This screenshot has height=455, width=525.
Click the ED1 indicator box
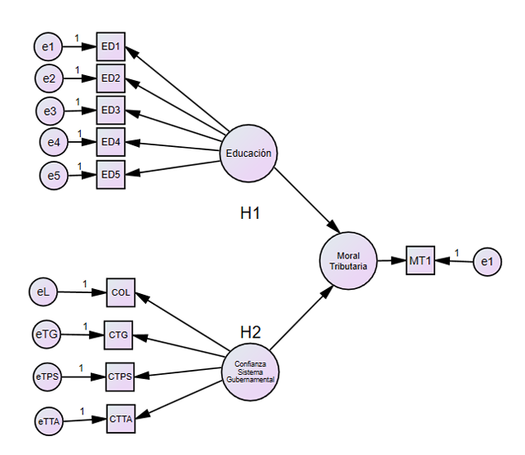pyautogui.click(x=111, y=46)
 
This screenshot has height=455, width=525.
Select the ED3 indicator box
pyautogui.click(x=111, y=110)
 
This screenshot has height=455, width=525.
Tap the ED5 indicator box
pyautogui.click(x=111, y=174)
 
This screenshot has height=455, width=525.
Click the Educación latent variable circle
pyautogui.click(x=248, y=153)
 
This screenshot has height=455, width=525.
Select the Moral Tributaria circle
pyautogui.click(x=348, y=261)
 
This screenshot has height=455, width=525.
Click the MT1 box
pyautogui.click(x=421, y=261)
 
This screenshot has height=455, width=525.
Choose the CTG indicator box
pyautogui.click(x=118, y=334)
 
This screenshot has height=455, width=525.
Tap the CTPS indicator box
pyautogui.click(x=120, y=377)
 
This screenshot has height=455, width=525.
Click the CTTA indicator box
pyautogui.click(x=121, y=419)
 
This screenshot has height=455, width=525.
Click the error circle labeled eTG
pyautogui.click(x=46, y=334)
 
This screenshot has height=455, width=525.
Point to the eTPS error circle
pyautogui.click(x=47, y=377)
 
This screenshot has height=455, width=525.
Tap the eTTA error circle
pyautogui.click(x=49, y=421)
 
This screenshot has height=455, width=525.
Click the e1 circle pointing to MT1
pyautogui.click(x=487, y=262)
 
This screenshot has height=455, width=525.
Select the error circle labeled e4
pyautogui.click(x=53, y=143)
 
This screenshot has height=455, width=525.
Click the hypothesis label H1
pyautogui.click(x=250, y=213)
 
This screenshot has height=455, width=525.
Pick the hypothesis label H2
pyautogui.click(x=250, y=332)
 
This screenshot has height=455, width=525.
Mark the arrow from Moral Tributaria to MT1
pyautogui.click(x=390, y=261)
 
